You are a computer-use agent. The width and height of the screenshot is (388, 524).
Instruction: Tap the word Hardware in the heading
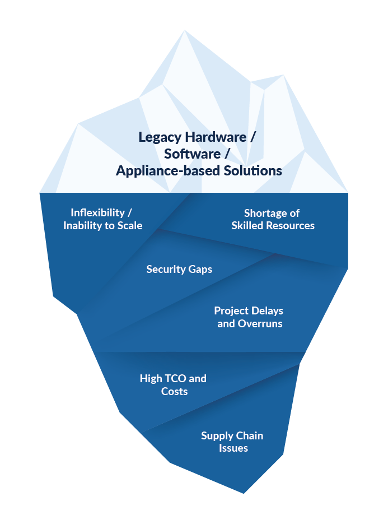(215, 137)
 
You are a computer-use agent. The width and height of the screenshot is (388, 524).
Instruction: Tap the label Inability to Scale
(102, 226)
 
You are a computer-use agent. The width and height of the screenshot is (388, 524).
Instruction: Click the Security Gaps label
(179, 270)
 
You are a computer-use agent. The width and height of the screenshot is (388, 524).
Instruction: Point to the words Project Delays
(249, 311)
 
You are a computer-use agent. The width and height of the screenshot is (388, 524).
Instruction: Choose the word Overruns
(260, 324)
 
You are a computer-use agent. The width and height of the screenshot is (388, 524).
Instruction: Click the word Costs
(174, 392)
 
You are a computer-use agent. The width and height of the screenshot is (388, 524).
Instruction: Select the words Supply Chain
(232, 436)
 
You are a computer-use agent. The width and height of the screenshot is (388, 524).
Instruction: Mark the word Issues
(233, 448)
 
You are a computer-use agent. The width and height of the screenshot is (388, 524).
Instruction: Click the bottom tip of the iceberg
(244, 493)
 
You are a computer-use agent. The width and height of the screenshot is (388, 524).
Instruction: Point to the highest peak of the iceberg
(184, 30)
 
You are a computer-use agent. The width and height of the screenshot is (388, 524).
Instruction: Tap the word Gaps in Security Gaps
(200, 270)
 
